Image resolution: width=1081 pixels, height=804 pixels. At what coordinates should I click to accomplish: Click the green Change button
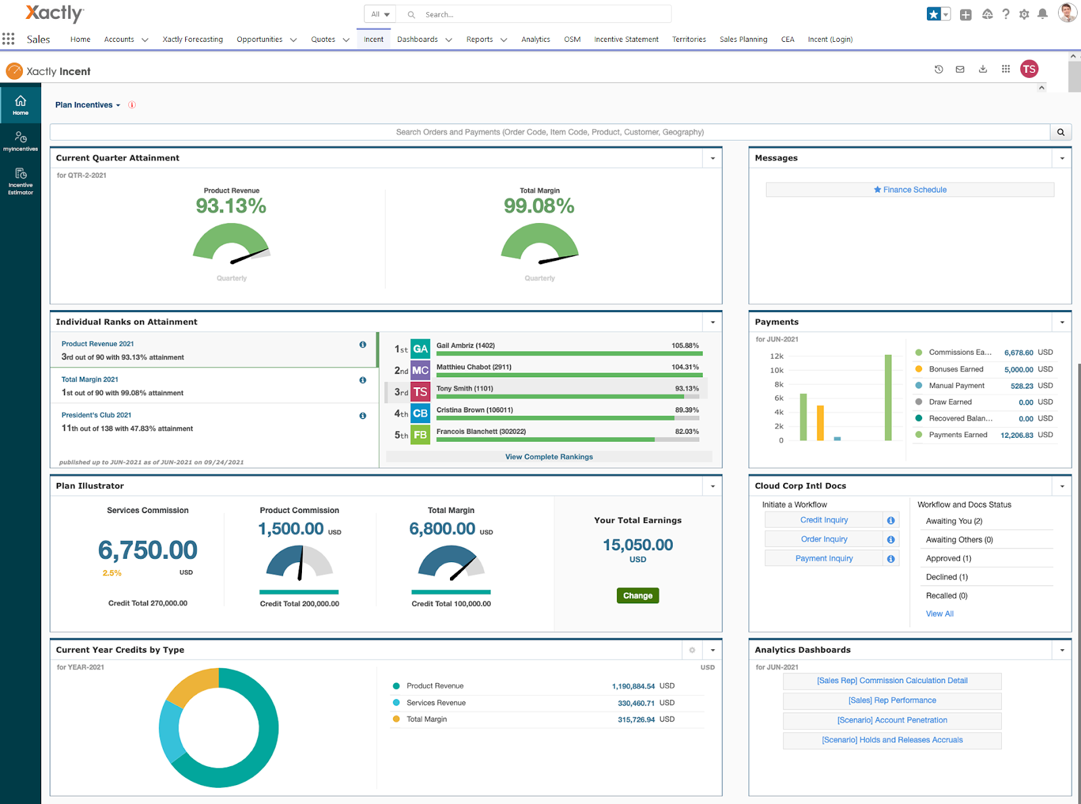pos(637,595)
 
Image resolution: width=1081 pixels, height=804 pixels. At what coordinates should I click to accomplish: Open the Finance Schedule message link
pos(910,190)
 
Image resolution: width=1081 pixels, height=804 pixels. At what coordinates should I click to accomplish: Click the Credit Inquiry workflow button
pos(824,520)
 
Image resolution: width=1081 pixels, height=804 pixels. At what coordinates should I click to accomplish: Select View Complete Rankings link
pos(549,457)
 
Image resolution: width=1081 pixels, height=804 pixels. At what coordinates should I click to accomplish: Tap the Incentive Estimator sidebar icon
pos(20,180)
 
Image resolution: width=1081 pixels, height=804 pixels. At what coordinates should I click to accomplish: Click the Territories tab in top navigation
pos(688,39)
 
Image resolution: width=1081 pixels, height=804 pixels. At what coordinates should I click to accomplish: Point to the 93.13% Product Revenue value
pos(231,206)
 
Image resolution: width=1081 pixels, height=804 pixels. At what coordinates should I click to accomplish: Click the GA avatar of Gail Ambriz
pos(420,349)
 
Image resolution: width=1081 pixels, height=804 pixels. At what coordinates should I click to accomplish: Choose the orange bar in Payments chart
pos(820,423)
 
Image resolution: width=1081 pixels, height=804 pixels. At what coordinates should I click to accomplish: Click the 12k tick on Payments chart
pos(776,356)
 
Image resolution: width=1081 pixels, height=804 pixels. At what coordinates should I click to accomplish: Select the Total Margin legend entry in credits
pos(426,719)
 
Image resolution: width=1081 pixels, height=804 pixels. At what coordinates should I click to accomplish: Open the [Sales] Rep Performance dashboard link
pos(892,701)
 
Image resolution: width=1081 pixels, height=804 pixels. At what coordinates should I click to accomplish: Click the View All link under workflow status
pos(939,613)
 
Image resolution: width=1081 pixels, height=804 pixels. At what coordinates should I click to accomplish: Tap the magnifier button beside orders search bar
pos(1061,132)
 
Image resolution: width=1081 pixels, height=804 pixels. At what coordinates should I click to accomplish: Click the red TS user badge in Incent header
pos(1029,69)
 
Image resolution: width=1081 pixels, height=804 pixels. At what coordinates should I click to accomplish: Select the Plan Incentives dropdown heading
pos(87,105)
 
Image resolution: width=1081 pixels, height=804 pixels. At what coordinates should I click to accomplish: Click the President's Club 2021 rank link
pos(97,415)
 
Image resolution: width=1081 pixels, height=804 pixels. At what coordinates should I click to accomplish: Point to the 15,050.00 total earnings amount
pos(637,545)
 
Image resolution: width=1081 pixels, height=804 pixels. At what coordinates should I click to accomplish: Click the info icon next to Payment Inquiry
pos(890,559)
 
